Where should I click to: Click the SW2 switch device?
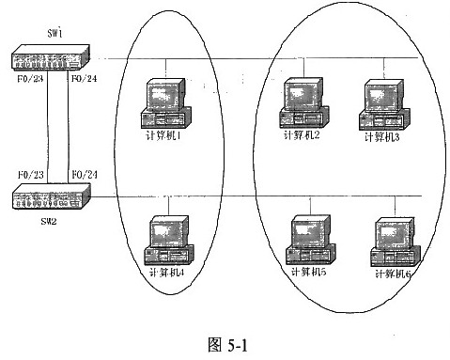point(50,197)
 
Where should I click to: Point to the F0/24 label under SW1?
point(84,79)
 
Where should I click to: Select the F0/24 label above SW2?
point(84,175)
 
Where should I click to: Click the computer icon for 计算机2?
point(303,102)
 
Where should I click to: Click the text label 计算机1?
point(165,136)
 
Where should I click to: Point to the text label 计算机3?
point(382,137)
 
